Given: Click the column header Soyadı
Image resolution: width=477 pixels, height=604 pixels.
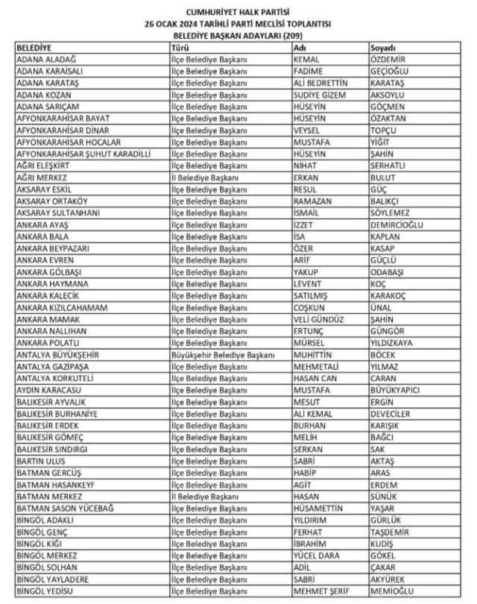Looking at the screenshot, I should click(383, 48).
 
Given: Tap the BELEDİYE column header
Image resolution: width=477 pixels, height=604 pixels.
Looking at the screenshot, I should click(36, 48).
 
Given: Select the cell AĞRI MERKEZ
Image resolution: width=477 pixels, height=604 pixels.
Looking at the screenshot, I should click(42, 177).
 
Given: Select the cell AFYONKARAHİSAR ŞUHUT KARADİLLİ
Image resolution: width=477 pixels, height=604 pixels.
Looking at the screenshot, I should click(83, 154).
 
